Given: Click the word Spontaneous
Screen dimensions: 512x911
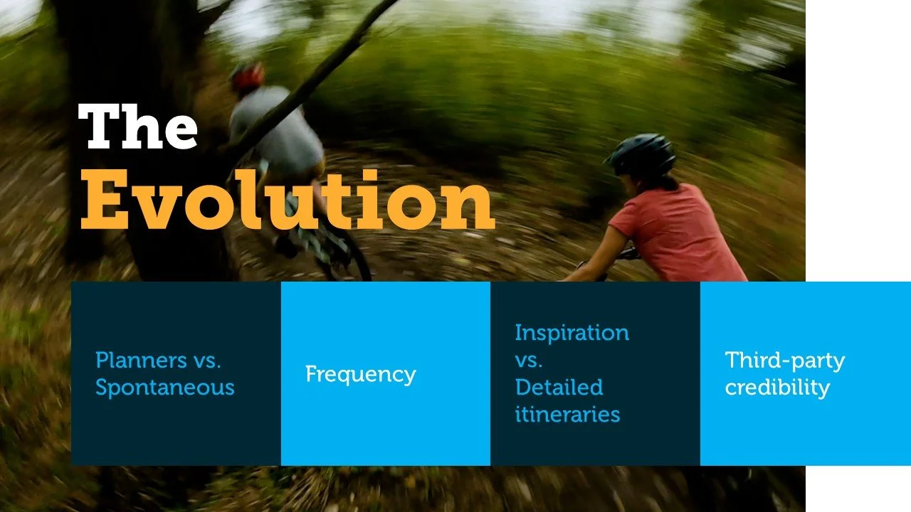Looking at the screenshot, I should pyautogui.click(x=164, y=388).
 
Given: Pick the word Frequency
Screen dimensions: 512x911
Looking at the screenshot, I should pyautogui.click(x=360, y=374).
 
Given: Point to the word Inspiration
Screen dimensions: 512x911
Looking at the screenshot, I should pyautogui.click(x=572, y=333).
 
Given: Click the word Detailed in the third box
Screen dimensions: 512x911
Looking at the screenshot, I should pyautogui.click(x=559, y=388).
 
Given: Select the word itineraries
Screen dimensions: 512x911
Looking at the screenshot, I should pyautogui.click(x=567, y=415).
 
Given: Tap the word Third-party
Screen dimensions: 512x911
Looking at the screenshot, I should pyautogui.click(x=784, y=361).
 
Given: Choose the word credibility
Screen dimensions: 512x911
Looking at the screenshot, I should pyautogui.click(x=777, y=388).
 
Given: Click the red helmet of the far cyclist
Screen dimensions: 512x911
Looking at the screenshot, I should pyautogui.click(x=248, y=75).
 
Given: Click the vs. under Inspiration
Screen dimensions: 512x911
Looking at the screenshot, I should pyautogui.click(x=529, y=361).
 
